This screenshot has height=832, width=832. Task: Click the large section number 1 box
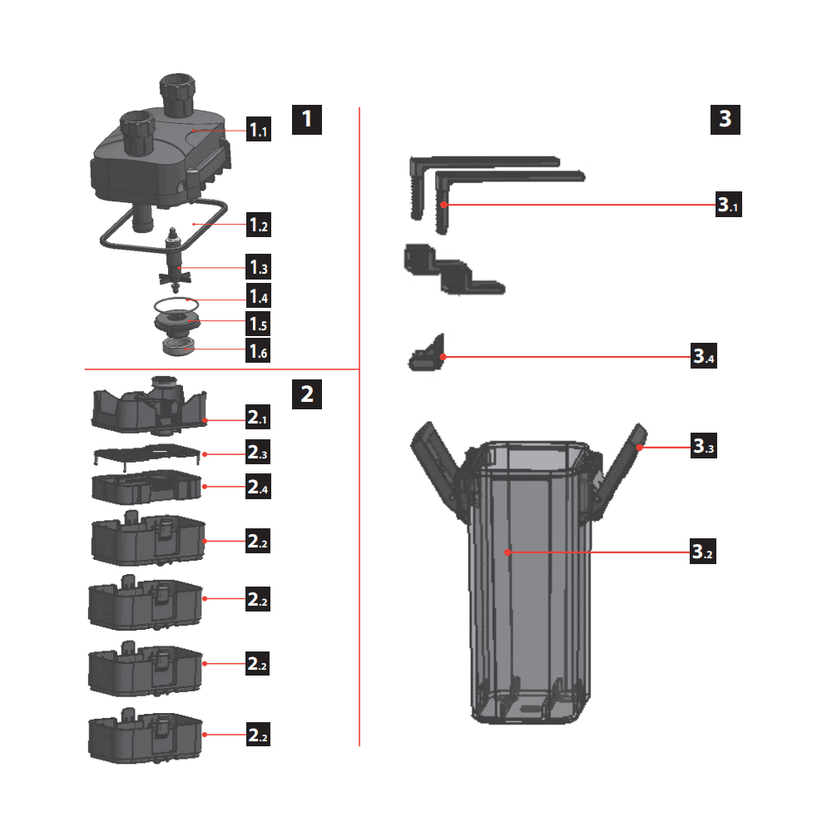pos(306,119)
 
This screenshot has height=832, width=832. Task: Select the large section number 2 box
pos(306,393)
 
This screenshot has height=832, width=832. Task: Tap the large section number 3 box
pos(726,119)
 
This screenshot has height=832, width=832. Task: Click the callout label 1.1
pos(258,130)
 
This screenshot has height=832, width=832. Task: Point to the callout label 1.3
pos(258,267)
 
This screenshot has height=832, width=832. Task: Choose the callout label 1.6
pos(258,351)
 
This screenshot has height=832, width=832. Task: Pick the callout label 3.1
pos(727,204)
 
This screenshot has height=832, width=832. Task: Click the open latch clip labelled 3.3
pos(620,474)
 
